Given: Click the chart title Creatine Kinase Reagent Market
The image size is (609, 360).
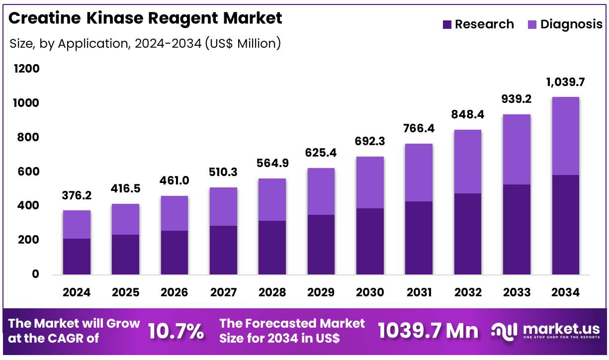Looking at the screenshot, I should coord(145,18).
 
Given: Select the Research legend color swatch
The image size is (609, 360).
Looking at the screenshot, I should coord(447,24).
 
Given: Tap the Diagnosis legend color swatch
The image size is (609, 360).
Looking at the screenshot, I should coord(532,24).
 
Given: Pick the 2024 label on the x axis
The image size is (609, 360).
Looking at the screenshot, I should coord(77,292).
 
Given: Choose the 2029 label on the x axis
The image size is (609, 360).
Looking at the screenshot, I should coord(321,292).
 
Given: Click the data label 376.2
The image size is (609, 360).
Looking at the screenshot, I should coord(77,196).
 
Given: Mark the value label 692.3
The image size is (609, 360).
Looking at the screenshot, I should coord(369,142).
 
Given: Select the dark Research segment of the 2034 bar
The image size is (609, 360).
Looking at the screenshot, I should coord(565,224).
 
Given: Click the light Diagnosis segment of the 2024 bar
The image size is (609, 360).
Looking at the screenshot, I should coord(77,224).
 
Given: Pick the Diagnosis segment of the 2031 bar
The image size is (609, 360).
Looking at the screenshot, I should coord(418,173).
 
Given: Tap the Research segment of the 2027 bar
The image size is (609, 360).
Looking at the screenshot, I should coord(223,250).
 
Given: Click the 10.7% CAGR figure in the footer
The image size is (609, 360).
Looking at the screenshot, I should coord(176,332).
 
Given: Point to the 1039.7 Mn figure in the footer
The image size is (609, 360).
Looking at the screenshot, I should coord(428,331).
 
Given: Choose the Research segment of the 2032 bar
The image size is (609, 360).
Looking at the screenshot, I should coord(467,234).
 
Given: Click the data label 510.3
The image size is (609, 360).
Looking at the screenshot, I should coord(223,173).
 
